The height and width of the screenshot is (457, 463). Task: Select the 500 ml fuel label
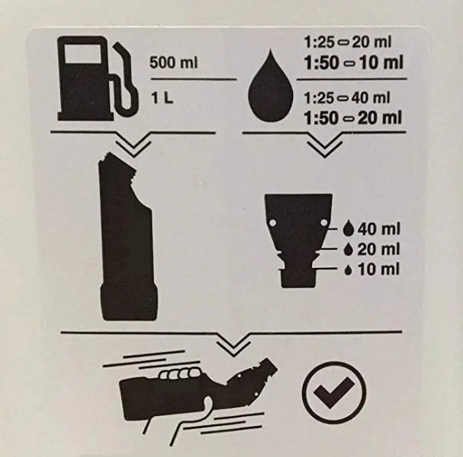coord(174,63)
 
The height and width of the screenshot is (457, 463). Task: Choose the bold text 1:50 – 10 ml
coord(353,63)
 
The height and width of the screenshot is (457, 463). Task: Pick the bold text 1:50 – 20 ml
coord(353,118)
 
